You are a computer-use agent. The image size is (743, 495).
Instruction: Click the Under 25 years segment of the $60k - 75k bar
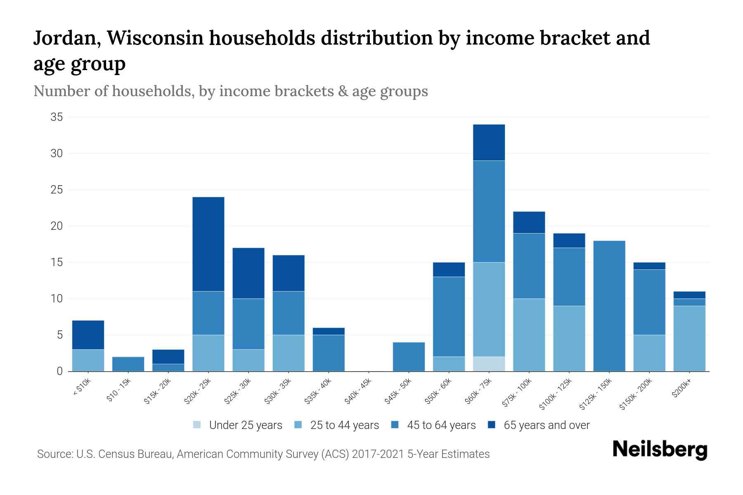coord(489,364)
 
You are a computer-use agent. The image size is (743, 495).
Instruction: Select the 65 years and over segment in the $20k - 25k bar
coord(208,244)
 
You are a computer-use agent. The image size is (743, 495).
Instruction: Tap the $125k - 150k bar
coord(609,306)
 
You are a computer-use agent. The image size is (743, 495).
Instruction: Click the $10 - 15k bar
coord(128,364)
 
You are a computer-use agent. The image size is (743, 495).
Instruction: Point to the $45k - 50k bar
coord(409,356)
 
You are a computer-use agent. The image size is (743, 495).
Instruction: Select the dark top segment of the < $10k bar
coord(88,335)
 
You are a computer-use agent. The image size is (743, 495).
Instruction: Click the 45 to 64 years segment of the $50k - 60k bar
coord(449,316)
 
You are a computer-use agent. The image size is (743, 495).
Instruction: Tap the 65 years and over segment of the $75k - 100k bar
coord(529,222)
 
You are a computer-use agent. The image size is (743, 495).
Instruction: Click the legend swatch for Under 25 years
coord(197,425)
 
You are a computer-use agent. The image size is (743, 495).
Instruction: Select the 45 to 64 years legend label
coord(441,425)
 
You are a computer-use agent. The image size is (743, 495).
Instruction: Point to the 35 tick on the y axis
coord(57,117)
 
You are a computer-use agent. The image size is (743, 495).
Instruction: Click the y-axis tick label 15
coord(57,262)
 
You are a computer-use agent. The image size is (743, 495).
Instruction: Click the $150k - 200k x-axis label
coord(636,394)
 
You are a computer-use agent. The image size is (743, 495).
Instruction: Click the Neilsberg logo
coord(660,450)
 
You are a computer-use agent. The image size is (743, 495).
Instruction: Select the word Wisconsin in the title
coord(156,38)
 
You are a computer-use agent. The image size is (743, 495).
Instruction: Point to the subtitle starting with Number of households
coord(231,91)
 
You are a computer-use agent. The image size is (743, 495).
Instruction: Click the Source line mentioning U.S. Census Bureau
coord(263,454)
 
